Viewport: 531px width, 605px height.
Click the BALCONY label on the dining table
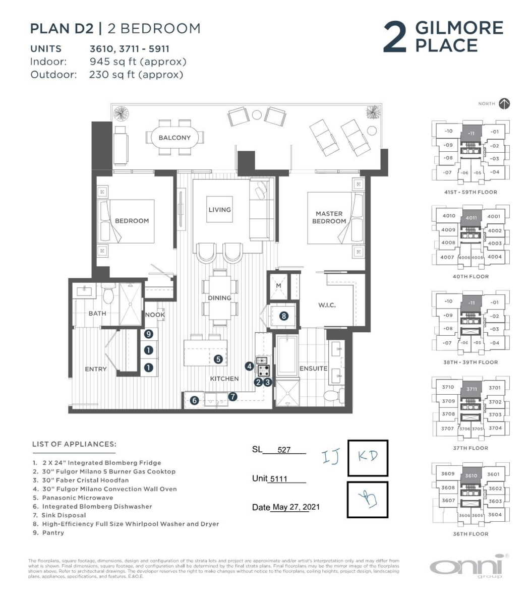[x=174, y=138]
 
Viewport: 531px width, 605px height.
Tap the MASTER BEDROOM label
[x=329, y=217]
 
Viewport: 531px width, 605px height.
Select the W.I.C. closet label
[x=327, y=305]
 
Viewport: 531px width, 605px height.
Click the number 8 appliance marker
[x=284, y=316]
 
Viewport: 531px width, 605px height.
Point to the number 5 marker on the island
[x=218, y=359]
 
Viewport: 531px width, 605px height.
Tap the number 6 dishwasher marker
[x=195, y=401]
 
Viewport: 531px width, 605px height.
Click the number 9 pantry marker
[x=148, y=334]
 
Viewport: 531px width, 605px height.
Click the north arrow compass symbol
[x=504, y=104]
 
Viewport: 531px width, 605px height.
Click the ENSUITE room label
[x=313, y=369]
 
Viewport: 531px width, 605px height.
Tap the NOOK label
[x=155, y=315]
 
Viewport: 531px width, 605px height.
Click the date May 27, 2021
[x=296, y=507]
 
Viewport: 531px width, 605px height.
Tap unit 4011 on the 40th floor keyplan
[x=471, y=218]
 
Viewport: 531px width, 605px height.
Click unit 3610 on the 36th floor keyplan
[x=471, y=475]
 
